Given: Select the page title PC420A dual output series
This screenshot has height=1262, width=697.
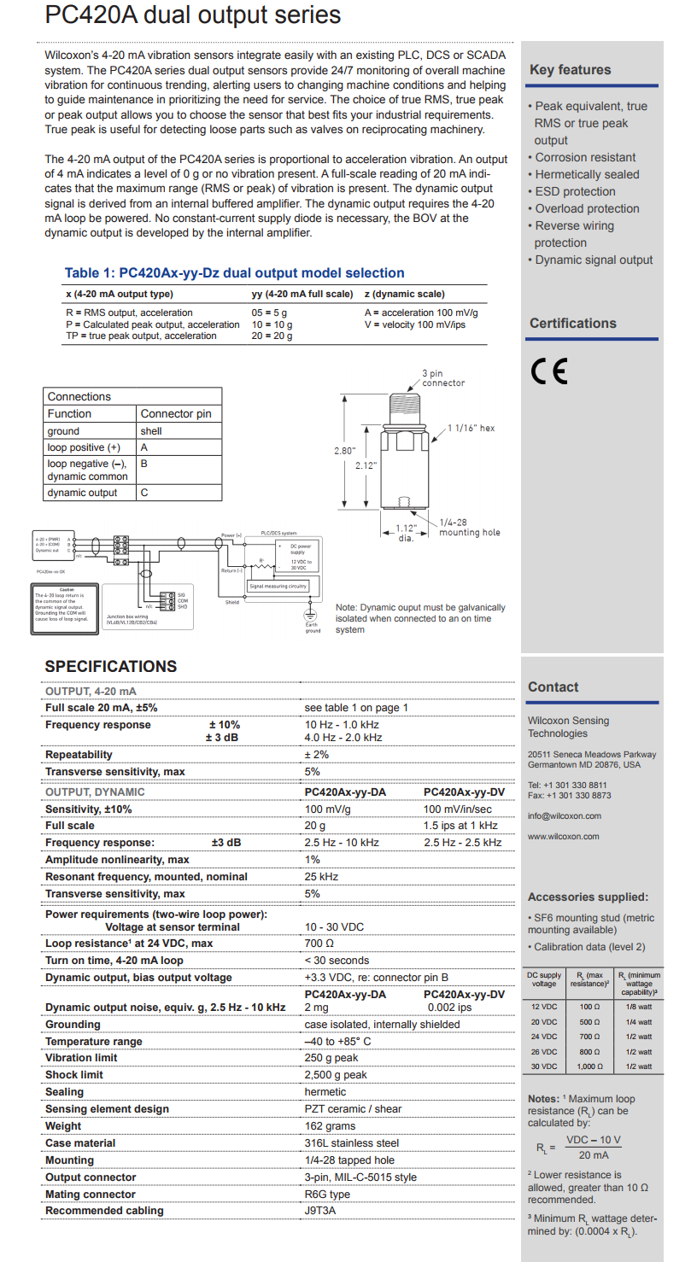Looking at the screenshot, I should point(192,15).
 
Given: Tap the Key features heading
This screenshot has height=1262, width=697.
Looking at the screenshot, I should point(570,70).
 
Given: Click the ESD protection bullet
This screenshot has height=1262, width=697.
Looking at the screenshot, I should point(574,191).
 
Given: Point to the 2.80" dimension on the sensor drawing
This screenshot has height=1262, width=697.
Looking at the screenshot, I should point(343,450).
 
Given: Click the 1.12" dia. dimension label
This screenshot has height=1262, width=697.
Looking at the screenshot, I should point(406,533).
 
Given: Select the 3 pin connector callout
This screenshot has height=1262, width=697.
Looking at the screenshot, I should point(443,378).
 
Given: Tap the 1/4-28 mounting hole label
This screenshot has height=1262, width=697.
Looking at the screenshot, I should point(469,528).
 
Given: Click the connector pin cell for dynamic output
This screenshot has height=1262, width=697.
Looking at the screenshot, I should point(144,493).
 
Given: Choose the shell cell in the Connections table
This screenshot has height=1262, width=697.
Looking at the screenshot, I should point(151,431).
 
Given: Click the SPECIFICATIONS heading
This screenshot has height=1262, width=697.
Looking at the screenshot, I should point(111,667).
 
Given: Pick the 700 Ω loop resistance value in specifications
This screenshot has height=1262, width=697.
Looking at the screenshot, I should point(319,944).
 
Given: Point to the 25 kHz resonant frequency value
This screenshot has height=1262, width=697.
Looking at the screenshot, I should point(321,877).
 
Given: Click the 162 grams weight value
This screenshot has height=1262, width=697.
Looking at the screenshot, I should point(330,1126).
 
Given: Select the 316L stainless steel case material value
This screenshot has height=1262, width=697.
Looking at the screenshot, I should point(352,1143).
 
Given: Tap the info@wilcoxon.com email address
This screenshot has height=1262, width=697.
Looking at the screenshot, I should point(565,816).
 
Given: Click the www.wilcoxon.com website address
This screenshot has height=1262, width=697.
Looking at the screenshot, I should point(563,837).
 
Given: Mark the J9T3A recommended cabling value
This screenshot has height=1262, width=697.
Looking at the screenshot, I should point(320,1211).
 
